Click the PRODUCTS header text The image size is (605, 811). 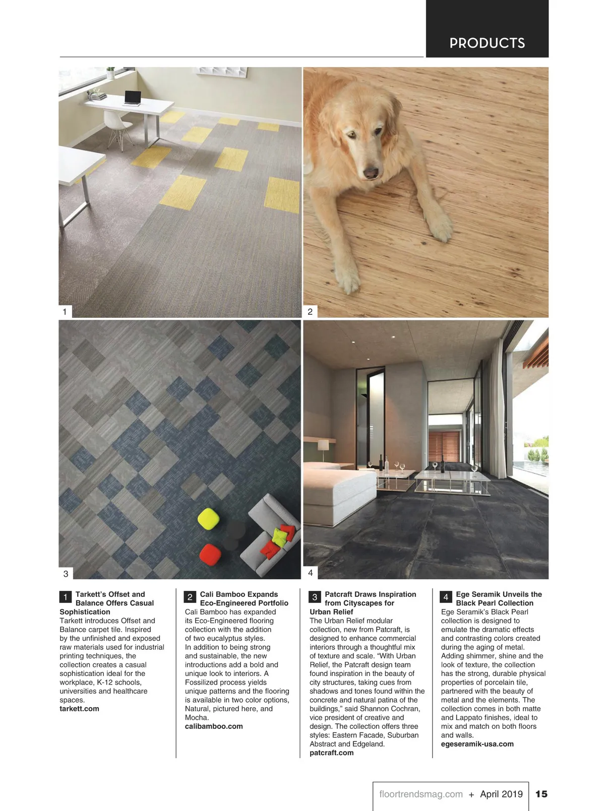487,43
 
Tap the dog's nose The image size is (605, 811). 371,173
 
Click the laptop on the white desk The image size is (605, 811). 133,98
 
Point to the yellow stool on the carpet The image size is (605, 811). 208,518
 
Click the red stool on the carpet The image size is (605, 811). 210,554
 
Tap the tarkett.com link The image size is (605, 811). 79,709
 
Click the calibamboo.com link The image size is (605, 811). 214,726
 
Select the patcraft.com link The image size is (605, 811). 332,753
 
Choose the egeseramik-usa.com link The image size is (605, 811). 477,744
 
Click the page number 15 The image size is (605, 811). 541,794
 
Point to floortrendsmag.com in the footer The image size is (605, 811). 421,794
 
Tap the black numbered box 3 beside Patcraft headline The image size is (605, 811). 315,597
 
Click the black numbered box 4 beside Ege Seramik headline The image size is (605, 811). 446,597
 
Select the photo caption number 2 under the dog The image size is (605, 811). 310,312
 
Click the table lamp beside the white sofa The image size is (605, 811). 323,447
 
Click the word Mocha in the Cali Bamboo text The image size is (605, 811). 196,717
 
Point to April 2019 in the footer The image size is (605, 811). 501,794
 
